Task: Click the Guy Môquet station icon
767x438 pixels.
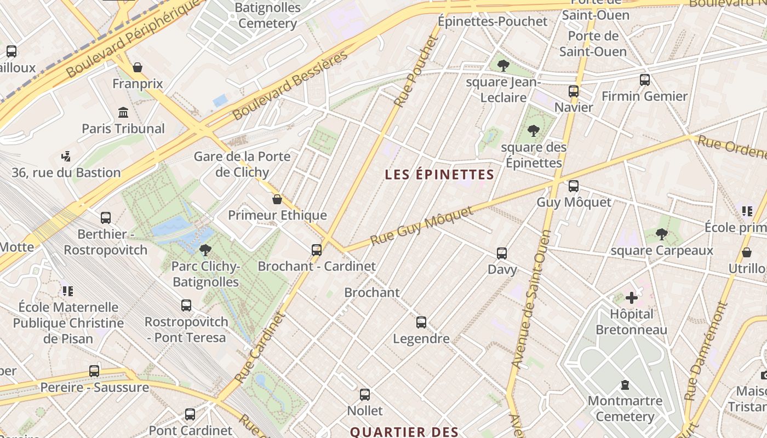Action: tap(573, 186)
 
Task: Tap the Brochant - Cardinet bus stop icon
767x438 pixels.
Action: tap(317, 250)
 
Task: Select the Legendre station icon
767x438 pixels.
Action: tap(421, 322)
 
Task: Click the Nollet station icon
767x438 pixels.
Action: tap(365, 394)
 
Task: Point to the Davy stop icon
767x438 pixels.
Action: tap(502, 253)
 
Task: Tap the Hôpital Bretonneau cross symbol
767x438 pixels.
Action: tap(632, 298)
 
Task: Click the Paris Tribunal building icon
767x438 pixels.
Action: tap(123, 113)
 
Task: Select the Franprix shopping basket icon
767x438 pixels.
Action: tap(138, 67)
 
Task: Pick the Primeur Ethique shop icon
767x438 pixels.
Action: tap(277, 199)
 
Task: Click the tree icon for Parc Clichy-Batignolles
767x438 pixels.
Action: tap(205, 250)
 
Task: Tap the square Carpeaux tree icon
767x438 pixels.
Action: tap(662, 234)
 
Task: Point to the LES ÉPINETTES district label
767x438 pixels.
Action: tap(439, 175)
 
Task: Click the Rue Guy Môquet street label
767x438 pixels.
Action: tap(421, 226)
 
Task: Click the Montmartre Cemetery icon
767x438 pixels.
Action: tap(625, 385)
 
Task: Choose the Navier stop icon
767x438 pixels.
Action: tap(574, 91)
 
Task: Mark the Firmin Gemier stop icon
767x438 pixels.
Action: tap(645, 80)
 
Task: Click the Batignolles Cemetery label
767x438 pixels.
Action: tap(268, 15)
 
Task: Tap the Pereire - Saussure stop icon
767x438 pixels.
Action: tap(94, 371)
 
